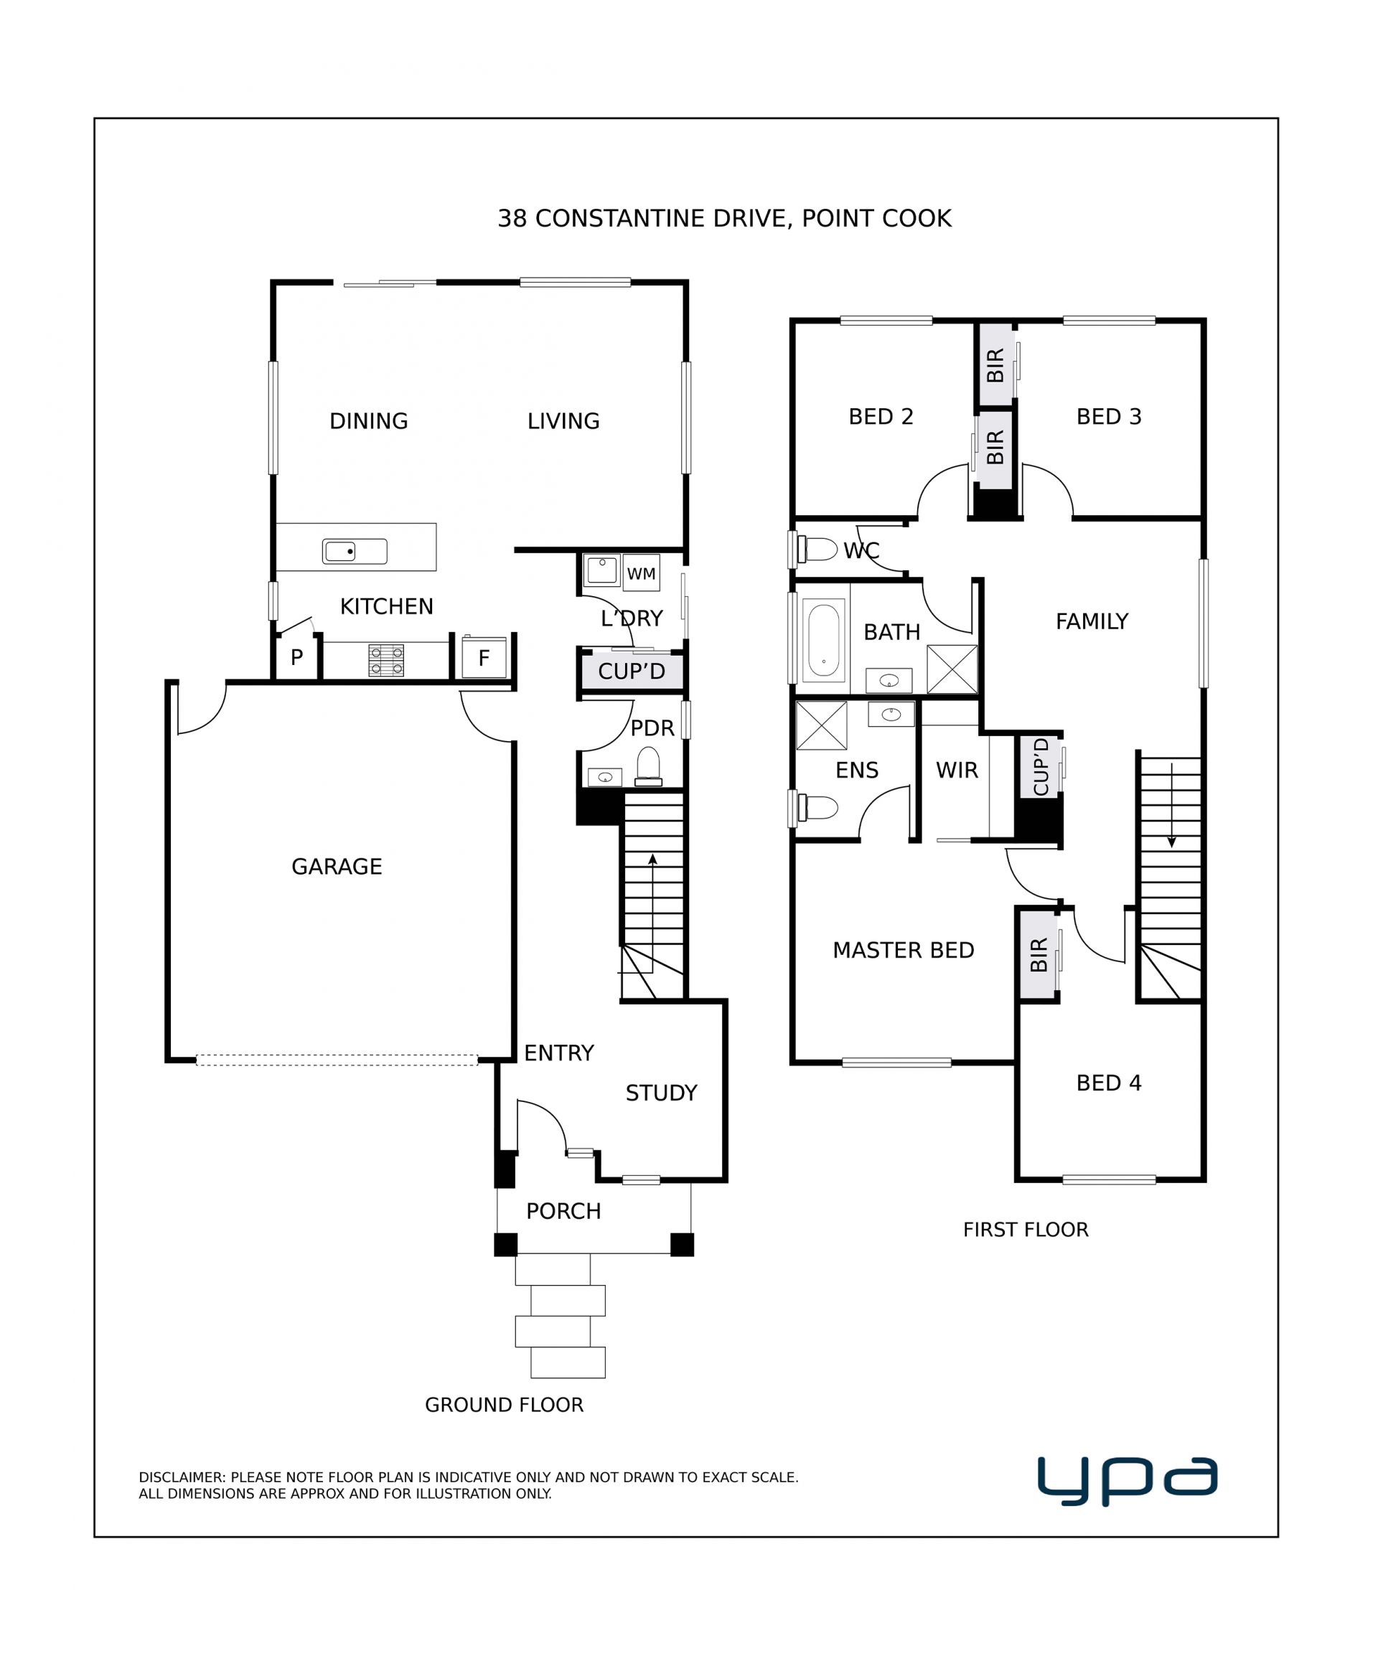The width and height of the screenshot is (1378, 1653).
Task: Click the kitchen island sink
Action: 355,551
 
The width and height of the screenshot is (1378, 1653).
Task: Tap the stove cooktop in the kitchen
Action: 386,661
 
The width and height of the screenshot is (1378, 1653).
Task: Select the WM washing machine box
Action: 641,573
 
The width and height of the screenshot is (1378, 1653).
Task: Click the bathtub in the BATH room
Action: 824,640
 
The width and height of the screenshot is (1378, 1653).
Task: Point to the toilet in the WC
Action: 817,549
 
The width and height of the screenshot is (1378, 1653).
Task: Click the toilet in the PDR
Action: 648,767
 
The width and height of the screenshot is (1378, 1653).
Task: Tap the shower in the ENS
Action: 821,725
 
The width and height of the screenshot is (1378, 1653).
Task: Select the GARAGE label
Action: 337,867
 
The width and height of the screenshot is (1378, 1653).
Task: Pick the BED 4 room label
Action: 1109,1083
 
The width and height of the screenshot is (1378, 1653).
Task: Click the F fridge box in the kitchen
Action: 484,656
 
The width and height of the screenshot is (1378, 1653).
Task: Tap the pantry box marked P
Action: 297,657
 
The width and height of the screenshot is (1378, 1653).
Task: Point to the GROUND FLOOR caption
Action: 504,1405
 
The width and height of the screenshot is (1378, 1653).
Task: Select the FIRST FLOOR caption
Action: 1025,1230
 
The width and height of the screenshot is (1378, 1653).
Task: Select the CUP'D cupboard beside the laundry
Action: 632,672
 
